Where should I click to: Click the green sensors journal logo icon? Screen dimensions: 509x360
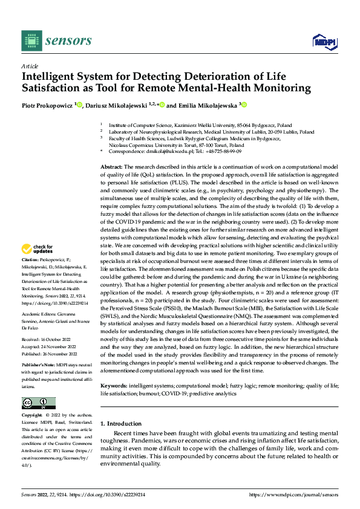(x=31, y=41)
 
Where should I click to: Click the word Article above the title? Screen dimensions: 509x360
(x=29, y=66)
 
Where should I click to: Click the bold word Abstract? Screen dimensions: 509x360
(x=111, y=149)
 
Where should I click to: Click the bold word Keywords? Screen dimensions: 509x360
(x=114, y=368)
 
